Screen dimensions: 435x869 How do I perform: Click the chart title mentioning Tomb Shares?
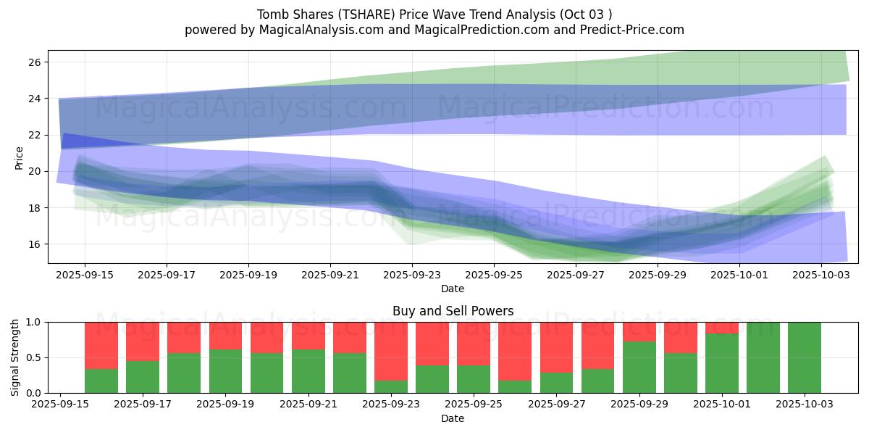coord(434,14)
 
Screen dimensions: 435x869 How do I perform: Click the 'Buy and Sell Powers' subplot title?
coord(453,311)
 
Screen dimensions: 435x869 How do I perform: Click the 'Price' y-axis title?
coord(20,157)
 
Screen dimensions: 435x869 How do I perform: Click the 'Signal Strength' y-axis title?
coord(15,357)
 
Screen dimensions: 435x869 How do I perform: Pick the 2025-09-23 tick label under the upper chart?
coord(412,275)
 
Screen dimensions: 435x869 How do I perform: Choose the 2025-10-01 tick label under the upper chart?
coord(739,275)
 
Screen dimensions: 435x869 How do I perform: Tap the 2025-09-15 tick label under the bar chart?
coord(60,405)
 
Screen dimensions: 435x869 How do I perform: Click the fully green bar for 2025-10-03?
coord(805,357)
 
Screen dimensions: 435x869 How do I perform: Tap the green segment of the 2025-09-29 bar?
coord(639,367)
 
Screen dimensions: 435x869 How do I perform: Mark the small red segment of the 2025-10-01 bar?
coord(722,328)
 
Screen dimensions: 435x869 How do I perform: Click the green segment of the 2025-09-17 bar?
coord(143,377)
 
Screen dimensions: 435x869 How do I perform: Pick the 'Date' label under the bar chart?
coord(453,418)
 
